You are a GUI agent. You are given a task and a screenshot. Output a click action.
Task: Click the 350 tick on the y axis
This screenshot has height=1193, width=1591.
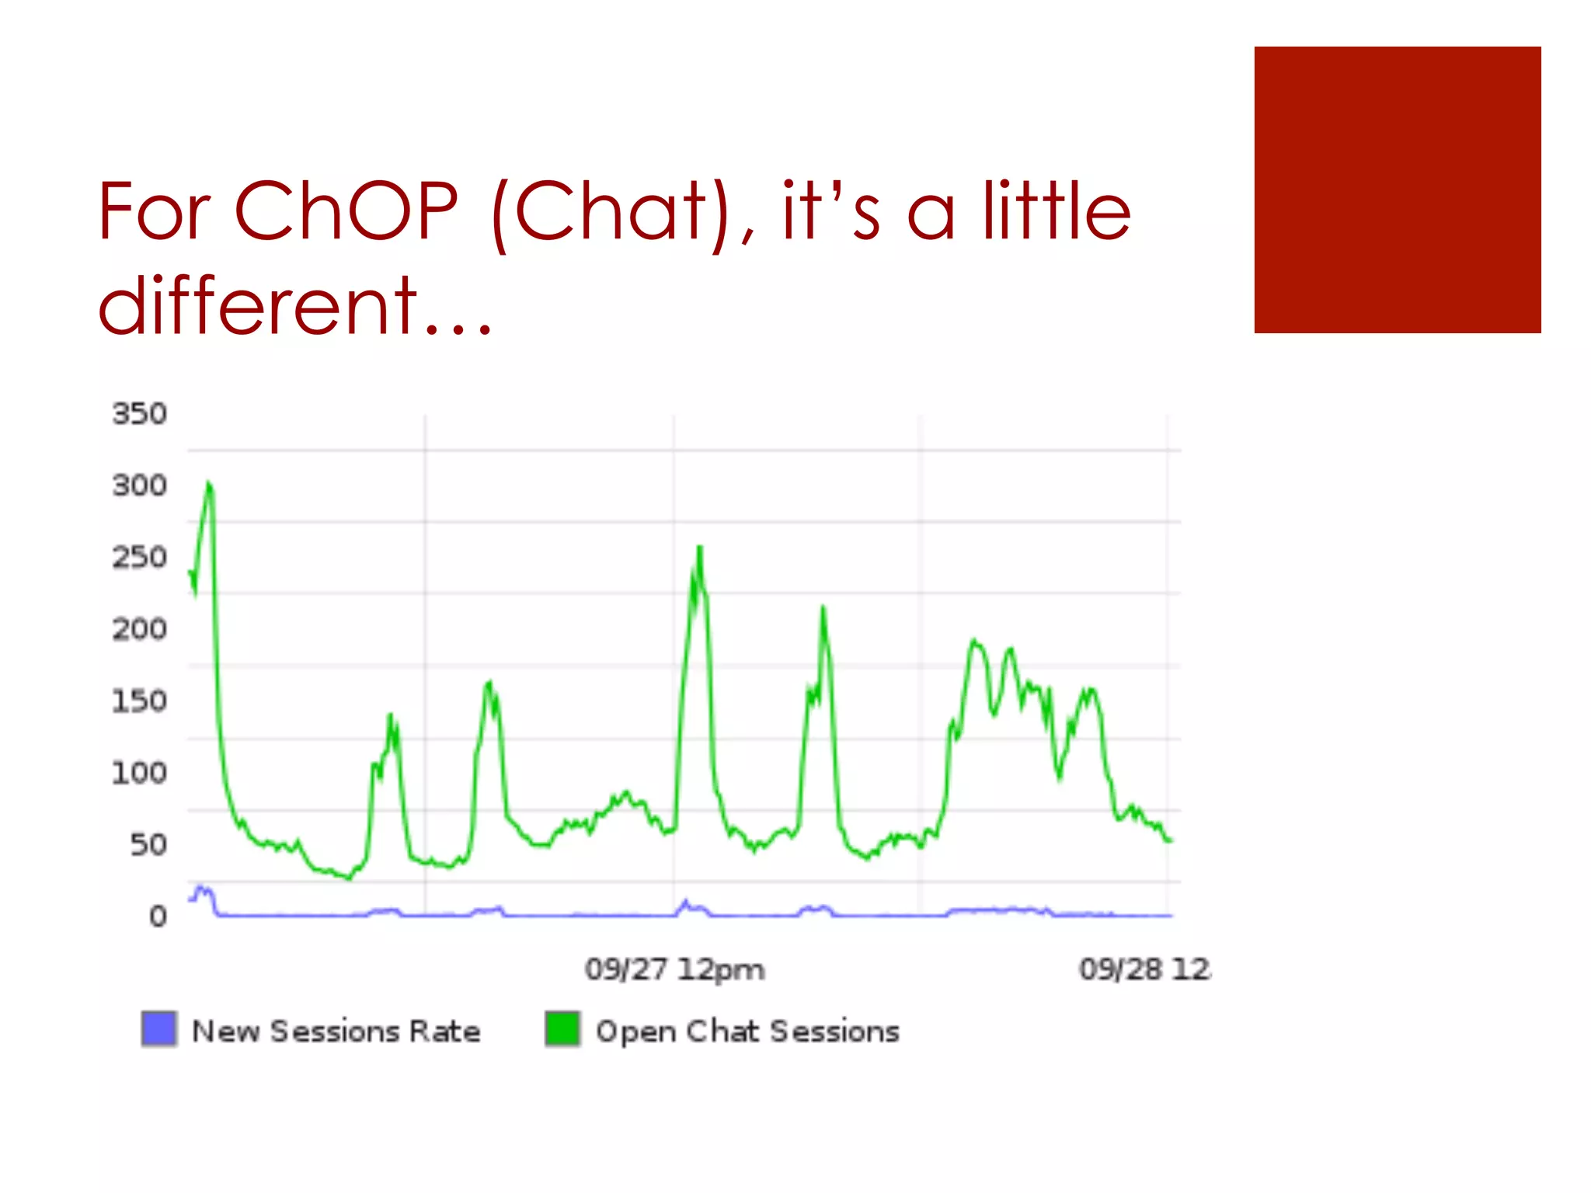[x=139, y=414]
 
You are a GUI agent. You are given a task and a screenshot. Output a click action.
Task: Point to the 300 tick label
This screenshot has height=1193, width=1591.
[x=139, y=486]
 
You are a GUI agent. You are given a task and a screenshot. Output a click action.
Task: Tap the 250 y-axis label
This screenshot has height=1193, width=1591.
[x=139, y=558]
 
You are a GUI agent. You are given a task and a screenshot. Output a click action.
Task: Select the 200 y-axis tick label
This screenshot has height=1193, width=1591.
[x=139, y=629]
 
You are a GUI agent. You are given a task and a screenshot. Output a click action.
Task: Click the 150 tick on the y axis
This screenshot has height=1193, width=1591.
[x=139, y=701]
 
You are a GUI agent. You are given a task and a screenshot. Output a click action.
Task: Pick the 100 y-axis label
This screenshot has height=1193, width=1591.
[x=139, y=773]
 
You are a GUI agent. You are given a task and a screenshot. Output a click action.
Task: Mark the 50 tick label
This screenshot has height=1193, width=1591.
[x=148, y=845]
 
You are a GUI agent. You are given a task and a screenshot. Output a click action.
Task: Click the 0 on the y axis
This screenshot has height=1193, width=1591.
[x=158, y=916]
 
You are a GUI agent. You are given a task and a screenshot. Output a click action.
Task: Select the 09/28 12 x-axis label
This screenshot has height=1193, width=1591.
[x=1144, y=969]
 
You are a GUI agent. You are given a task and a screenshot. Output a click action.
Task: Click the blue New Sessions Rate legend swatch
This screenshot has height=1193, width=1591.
[x=159, y=1029]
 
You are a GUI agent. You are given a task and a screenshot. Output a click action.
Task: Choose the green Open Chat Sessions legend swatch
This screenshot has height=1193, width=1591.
[x=562, y=1029]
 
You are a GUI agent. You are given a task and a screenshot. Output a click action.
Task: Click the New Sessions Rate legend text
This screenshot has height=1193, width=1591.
[x=336, y=1031]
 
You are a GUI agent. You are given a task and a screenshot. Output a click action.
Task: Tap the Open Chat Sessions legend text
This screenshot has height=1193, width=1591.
[x=747, y=1031]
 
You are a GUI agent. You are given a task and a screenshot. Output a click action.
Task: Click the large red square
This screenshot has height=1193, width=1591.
[x=1397, y=190]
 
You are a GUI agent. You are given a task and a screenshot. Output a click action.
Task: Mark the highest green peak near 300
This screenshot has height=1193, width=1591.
[x=208, y=485]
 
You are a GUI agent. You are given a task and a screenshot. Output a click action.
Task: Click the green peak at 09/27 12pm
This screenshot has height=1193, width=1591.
[x=700, y=548]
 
